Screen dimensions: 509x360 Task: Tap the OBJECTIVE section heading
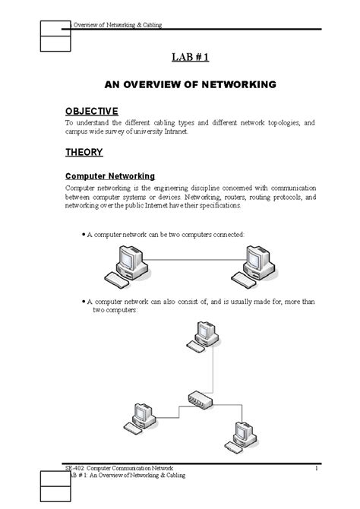[x=91, y=110]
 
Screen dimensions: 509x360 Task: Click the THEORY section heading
[x=84, y=152]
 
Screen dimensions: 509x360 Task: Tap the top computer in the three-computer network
[x=205, y=339]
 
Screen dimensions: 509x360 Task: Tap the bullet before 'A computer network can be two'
[x=82, y=236]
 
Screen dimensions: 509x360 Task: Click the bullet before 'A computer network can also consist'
[x=82, y=302]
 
